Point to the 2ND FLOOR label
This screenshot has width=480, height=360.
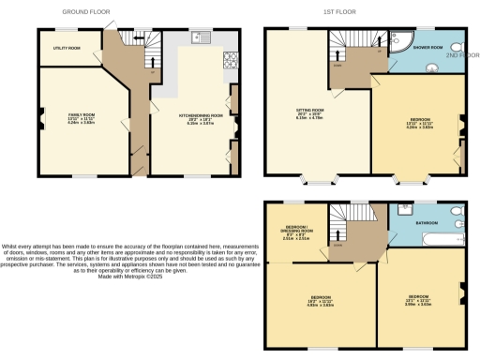tap(463, 55)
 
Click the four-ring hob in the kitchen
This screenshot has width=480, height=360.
tap(229, 60)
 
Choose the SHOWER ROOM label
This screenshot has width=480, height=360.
tap(430, 47)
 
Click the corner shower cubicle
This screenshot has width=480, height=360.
tap(398, 38)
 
